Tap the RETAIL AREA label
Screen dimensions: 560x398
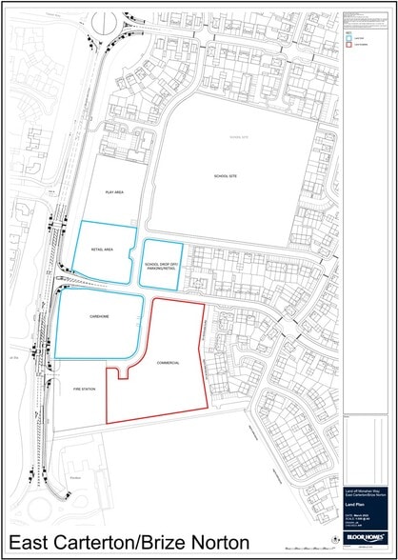(x=102, y=250)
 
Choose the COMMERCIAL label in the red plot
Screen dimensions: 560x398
(x=169, y=364)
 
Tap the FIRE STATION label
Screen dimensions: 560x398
(x=83, y=390)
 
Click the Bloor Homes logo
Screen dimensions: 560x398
(x=367, y=537)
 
